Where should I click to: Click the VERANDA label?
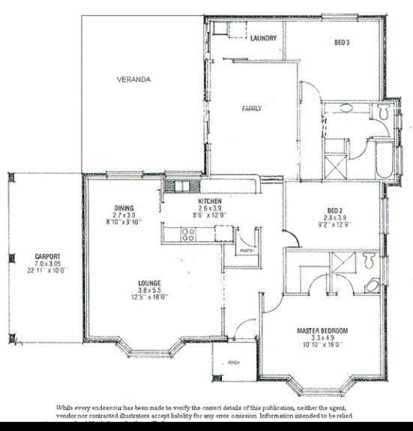(x=134, y=79)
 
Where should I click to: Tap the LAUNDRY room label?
(x=265, y=38)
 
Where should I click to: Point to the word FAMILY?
(x=252, y=109)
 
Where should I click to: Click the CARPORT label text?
(x=46, y=256)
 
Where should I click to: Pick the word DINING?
(x=124, y=208)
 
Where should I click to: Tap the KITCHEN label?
(x=209, y=202)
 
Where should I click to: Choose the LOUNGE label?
(x=149, y=283)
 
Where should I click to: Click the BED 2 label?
(x=335, y=210)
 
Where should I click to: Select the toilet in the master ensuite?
(x=367, y=262)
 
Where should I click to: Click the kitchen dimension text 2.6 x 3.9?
(x=209, y=209)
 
